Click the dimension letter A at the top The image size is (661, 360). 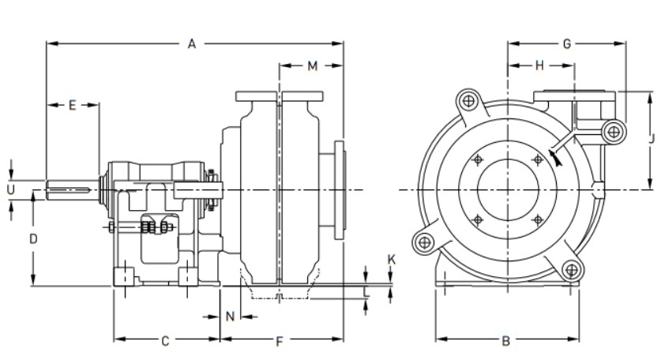[x=192, y=44]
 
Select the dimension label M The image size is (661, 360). [x=313, y=66]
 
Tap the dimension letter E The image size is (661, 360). [x=73, y=105]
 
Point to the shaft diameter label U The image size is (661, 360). [x=11, y=189]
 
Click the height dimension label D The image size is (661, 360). [x=33, y=239]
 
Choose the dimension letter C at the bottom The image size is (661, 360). [x=166, y=340]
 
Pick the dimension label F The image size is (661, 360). [x=280, y=341]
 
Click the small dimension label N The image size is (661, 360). [x=230, y=316]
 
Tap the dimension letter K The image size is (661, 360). [x=391, y=260]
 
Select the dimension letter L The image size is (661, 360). [x=366, y=291]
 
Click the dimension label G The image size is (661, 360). [x=567, y=44]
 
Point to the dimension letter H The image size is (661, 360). [x=539, y=66]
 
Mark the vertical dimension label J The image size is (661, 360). [x=652, y=138]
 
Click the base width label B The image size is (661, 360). [x=506, y=340]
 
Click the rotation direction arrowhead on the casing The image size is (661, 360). [x=557, y=158]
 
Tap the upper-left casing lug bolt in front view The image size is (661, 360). [x=468, y=101]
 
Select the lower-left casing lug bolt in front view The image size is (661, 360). [x=424, y=242]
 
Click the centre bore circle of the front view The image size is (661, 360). [x=508, y=189]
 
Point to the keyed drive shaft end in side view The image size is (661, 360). [x=69, y=190]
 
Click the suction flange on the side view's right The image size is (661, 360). [x=340, y=190]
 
